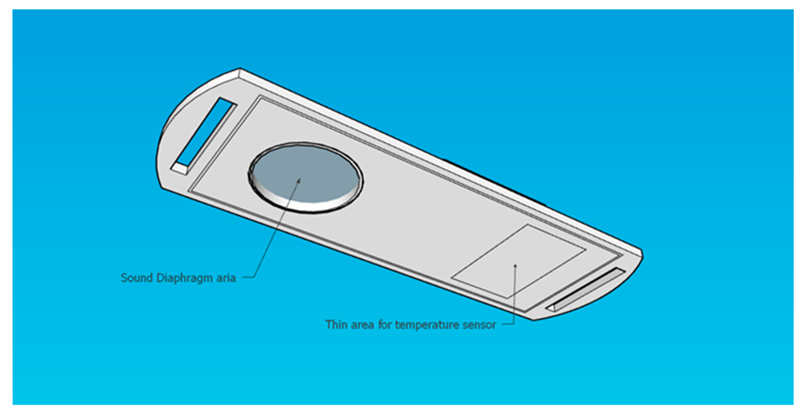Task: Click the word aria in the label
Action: coord(226,278)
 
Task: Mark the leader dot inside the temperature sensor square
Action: coord(516,265)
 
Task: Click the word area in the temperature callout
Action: coord(362,325)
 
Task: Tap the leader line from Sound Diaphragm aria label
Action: coord(275,231)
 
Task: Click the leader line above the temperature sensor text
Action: coord(514,296)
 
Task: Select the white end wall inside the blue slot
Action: coord(180,169)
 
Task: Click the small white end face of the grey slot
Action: coord(550,309)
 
